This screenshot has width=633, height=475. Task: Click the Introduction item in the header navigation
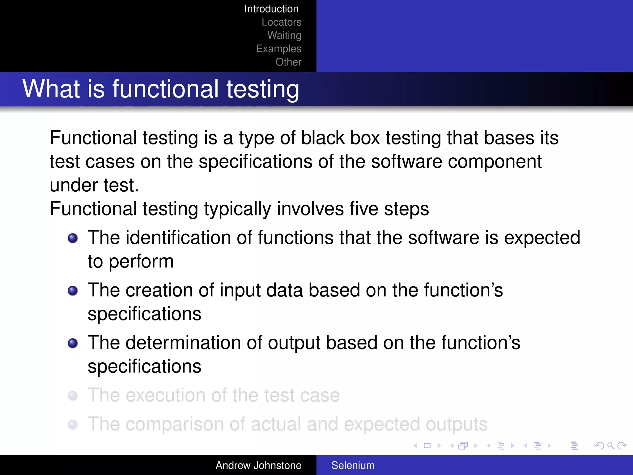click(x=271, y=9)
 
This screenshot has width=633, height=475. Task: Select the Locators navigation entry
click(x=281, y=22)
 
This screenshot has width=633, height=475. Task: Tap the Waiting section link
click(x=284, y=35)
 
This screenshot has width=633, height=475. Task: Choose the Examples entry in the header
click(x=278, y=49)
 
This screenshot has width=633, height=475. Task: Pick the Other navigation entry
click(x=288, y=62)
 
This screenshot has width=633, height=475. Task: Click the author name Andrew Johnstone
click(x=258, y=465)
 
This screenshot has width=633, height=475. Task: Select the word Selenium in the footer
click(x=353, y=465)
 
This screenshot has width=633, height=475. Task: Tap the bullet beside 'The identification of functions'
click(x=73, y=238)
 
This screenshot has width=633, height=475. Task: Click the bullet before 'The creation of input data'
click(x=73, y=291)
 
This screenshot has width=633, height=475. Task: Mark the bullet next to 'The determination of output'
click(x=73, y=343)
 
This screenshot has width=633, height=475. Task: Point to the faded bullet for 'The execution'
click(x=73, y=396)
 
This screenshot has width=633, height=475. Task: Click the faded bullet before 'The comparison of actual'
click(x=73, y=424)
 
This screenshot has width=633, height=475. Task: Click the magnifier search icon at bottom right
click(x=610, y=446)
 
